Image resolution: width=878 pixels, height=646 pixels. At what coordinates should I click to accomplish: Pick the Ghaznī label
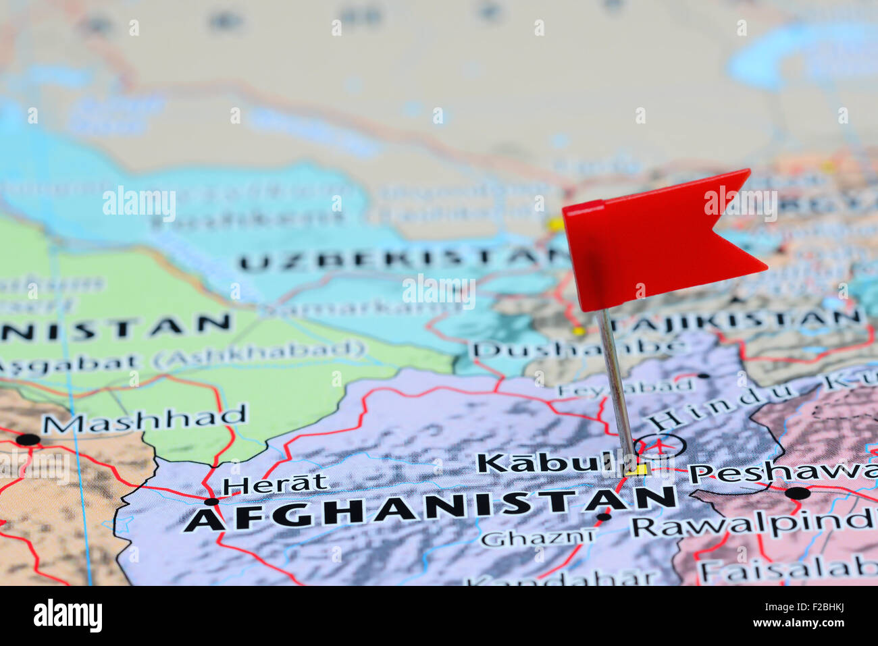(538, 538)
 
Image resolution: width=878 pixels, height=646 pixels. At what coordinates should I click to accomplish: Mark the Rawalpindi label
(753, 522)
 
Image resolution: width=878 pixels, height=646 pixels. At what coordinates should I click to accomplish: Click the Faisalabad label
(787, 570)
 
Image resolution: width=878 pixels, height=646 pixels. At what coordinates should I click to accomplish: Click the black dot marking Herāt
(212, 502)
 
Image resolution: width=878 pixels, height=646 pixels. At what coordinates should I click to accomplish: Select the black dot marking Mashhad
(28, 439)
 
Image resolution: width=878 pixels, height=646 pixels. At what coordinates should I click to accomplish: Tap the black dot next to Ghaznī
(604, 517)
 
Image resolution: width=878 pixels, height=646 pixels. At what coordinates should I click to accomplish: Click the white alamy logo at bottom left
(68, 615)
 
